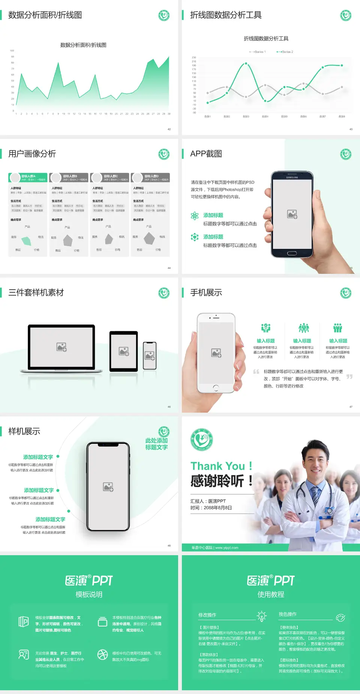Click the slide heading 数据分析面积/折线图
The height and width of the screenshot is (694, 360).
click(x=45, y=15)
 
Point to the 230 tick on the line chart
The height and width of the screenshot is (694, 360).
click(x=194, y=57)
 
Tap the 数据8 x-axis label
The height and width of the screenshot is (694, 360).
click(x=342, y=117)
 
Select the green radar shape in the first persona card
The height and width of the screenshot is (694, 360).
click(x=27, y=240)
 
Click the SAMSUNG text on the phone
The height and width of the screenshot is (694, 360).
click(x=292, y=177)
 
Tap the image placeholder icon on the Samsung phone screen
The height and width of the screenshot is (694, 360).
click(x=292, y=214)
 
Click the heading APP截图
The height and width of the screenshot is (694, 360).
click(x=206, y=154)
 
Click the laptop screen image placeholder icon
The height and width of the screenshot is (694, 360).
click(x=61, y=347)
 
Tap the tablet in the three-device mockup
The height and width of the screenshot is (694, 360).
click(x=124, y=351)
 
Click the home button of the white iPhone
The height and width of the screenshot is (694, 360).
click(x=216, y=388)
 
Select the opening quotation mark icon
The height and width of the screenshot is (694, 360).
click(x=256, y=372)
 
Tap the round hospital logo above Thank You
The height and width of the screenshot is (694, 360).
click(x=202, y=440)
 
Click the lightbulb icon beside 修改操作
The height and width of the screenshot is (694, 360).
click(x=261, y=616)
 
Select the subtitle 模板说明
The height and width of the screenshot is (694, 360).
click(x=89, y=594)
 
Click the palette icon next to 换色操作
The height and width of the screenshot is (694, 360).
click(x=340, y=617)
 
